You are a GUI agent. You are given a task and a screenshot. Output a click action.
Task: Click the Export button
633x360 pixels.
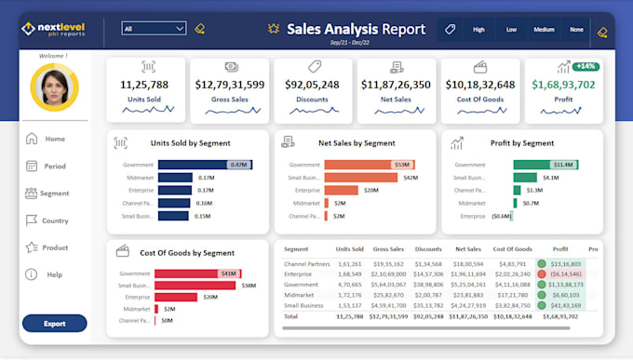point(54,324)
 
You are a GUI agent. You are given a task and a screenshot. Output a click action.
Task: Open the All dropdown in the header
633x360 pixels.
point(154,29)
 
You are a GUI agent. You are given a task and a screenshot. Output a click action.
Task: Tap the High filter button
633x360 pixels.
point(478,30)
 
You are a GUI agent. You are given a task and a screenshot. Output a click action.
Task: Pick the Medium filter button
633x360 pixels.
point(544,30)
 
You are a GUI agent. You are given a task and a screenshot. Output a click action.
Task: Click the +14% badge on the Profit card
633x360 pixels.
point(586,66)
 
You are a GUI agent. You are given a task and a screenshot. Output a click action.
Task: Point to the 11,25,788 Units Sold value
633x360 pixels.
point(143,85)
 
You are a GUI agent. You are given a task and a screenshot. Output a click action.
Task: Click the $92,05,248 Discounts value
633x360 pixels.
point(312,85)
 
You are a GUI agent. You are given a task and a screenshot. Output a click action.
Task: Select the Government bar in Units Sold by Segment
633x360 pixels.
point(204,165)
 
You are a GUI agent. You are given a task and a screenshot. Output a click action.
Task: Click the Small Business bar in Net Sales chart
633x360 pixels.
point(359,178)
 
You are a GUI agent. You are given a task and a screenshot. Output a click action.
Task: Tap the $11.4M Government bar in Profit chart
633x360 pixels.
point(545,165)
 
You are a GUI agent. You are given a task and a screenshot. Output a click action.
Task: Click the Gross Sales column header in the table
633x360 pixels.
point(387,249)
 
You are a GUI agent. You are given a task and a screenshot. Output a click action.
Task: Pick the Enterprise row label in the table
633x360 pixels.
point(298,274)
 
